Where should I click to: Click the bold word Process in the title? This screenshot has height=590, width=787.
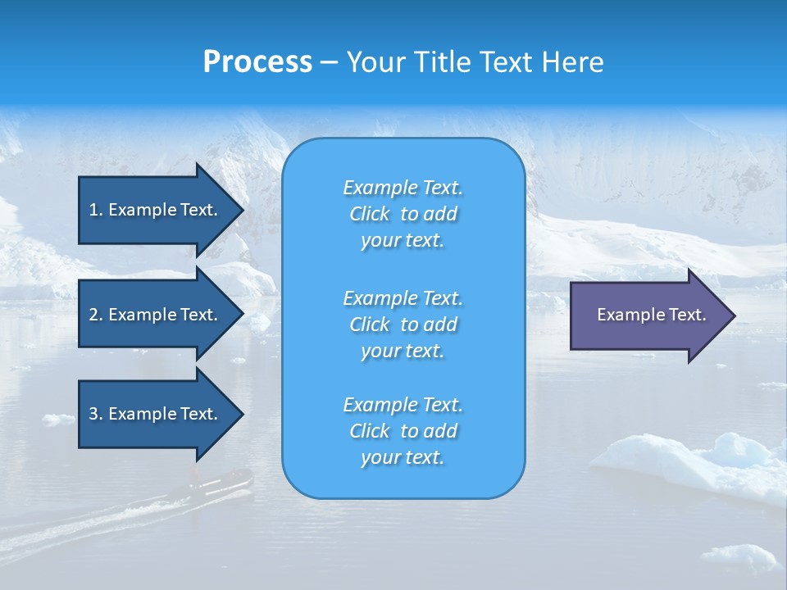(x=257, y=62)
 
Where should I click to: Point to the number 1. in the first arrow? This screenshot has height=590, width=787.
(x=96, y=210)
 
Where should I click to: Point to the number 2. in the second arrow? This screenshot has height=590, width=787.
(x=96, y=315)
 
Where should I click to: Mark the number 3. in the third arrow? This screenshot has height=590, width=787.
(x=96, y=414)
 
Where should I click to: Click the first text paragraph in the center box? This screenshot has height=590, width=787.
(x=403, y=214)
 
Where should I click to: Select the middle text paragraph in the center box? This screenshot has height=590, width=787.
(x=403, y=324)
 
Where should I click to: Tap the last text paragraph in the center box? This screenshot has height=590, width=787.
(x=403, y=431)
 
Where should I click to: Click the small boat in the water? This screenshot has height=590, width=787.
(x=230, y=480)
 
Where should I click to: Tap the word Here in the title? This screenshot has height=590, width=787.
(x=575, y=62)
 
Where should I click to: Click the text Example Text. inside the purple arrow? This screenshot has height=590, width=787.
(x=652, y=315)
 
